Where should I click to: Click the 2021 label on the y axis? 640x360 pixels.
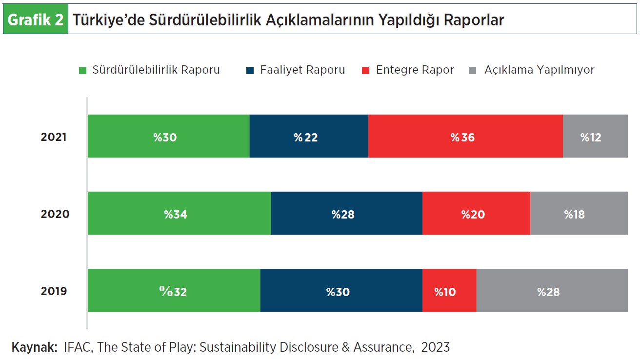pos(54,137)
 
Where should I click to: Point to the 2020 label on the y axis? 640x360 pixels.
pos(55,214)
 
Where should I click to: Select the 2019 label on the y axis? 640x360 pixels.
pos(54,291)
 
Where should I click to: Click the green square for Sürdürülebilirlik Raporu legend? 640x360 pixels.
pos(83,71)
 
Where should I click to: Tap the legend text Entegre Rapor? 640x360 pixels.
pos(415,70)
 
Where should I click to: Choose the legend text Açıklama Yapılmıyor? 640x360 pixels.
pos(539,70)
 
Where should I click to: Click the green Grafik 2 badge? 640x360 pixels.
pos(36,20)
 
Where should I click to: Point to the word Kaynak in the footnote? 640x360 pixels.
pos(34,347)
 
